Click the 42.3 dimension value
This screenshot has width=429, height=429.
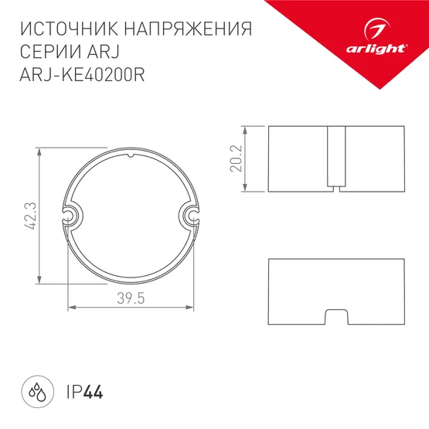click(28, 217)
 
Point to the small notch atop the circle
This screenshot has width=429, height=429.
click(131, 158)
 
